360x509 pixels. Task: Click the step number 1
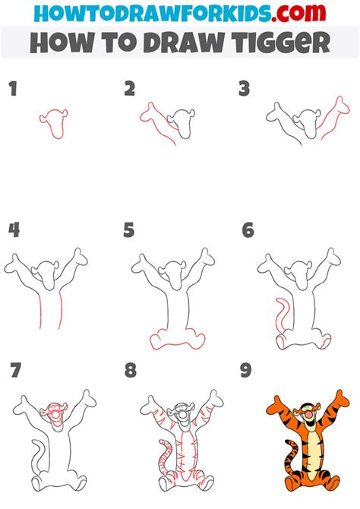[13, 89]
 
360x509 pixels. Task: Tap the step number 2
[130, 89]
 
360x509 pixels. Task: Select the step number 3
[244, 89]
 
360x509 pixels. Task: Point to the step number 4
[14, 230]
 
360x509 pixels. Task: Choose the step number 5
[129, 230]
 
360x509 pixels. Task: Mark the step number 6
[248, 230]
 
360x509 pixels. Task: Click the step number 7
[16, 370]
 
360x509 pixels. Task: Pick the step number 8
[131, 370]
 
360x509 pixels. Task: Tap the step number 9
[246, 370]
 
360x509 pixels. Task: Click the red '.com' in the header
[298, 13]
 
